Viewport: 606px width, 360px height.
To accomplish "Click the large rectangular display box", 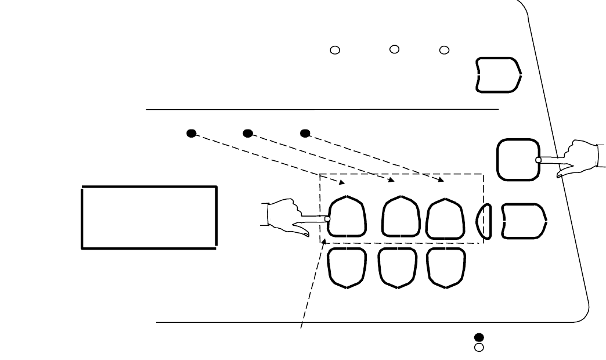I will tap(149, 217).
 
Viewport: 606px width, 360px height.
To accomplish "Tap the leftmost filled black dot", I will tap(191, 133).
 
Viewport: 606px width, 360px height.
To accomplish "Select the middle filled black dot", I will tap(248, 133).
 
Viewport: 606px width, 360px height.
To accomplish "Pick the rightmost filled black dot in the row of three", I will tap(305, 133).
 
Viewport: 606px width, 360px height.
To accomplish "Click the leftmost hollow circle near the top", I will tap(334, 51).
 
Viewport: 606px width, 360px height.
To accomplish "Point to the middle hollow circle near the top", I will tap(394, 49).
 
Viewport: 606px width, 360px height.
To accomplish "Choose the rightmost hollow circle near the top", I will tap(444, 51).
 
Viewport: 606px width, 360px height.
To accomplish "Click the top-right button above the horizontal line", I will tap(497, 74).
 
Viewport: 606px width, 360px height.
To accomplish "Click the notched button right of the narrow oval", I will tap(524, 221).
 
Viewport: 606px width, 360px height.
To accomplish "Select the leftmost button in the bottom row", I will tap(347, 268).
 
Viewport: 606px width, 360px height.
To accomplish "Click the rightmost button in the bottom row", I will tap(446, 268).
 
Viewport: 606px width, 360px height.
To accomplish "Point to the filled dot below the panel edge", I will tap(479, 337).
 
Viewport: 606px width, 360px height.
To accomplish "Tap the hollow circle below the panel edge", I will tap(479, 347).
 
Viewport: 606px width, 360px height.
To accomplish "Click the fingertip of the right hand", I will tap(539, 159).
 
